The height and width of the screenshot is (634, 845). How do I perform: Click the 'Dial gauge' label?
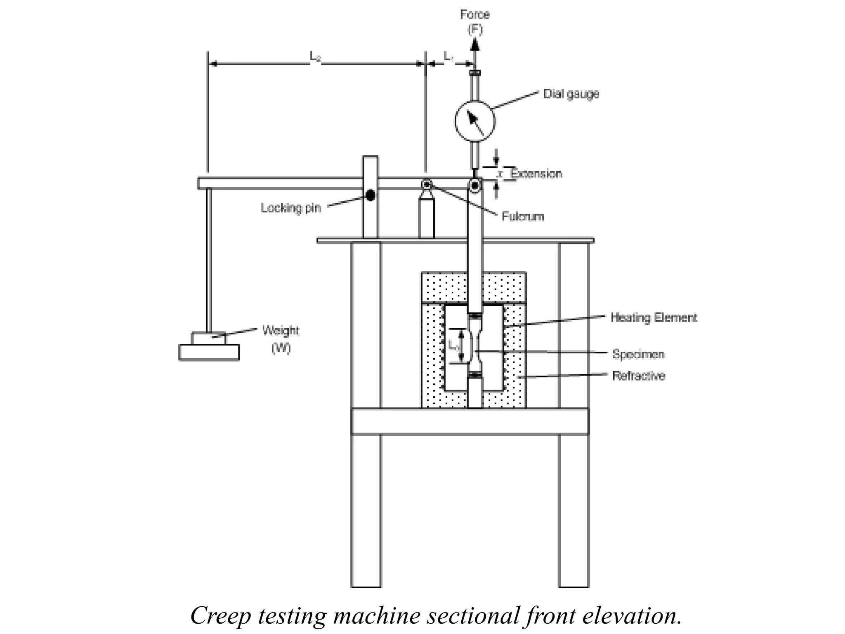(571, 94)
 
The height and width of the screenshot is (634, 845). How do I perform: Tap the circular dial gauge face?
(475, 121)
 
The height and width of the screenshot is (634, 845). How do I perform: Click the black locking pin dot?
(371, 195)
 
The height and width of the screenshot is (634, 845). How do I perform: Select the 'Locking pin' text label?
(291, 208)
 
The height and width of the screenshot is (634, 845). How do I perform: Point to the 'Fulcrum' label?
(523, 216)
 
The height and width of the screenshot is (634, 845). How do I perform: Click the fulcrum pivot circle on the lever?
(426, 184)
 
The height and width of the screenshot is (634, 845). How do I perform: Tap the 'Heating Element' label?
(654, 317)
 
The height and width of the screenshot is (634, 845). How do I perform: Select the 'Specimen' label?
(638, 354)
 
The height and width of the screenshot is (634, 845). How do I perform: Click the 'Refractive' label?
(638, 376)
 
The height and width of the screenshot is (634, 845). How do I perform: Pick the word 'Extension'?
(536, 173)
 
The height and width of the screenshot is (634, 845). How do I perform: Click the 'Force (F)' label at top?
(475, 21)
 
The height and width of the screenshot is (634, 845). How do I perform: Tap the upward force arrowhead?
(475, 43)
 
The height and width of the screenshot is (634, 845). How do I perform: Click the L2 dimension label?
(316, 57)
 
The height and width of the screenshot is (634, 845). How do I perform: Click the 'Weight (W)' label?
(281, 339)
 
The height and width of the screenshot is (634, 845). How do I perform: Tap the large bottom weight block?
(209, 352)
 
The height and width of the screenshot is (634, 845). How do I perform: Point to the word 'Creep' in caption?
(220, 615)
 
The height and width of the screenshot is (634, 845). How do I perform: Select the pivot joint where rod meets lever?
(475, 185)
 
